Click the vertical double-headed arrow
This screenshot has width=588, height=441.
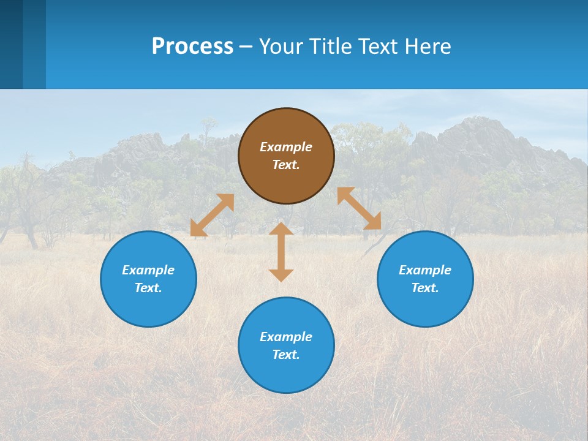(281, 252)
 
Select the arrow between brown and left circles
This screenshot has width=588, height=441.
(212, 215)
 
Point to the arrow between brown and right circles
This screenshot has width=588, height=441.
(359, 208)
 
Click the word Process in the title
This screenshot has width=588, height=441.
(192, 46)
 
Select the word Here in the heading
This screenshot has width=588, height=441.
(428, 46)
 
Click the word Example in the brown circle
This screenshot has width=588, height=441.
(286, 147)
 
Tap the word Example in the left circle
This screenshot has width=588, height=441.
(148, 270)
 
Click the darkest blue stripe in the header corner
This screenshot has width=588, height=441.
(11, 44)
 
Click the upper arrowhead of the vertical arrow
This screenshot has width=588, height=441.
(281, 229)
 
